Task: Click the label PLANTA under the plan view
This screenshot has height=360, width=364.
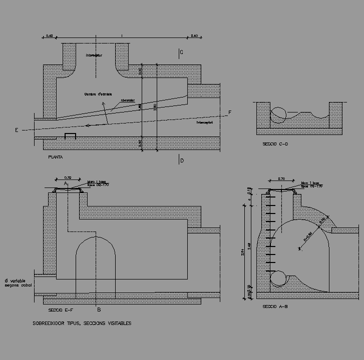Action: (x=55, y=157)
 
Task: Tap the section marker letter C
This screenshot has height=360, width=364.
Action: (x=181, y=52)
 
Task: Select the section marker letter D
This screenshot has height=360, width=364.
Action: (x=182, y=160)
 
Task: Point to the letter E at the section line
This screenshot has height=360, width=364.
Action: (x=17, y=130)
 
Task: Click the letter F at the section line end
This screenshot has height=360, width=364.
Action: (x=229, y=112)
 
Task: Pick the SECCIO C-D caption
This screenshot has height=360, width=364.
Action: (x=275, y=144)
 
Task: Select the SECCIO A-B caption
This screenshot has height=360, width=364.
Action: (x=274, y=306)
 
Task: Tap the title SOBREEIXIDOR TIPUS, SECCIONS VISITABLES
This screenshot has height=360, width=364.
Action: (x=82, y=323)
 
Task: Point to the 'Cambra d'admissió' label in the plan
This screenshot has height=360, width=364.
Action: (x=98, y=94)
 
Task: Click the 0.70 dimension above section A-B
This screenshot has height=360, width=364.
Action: (x=281, y=178)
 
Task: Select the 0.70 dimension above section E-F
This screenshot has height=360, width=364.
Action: (x=69, y=177)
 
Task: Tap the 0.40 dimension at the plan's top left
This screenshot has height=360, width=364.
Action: (x=49, y=35)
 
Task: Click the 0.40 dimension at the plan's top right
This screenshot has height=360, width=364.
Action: (x=194, y=35)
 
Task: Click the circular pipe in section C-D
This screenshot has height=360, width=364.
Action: (x=278, y=114)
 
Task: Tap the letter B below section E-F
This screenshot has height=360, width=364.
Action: (x=99, y=310)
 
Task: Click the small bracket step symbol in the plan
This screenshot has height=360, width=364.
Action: (x=70, y=135)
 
